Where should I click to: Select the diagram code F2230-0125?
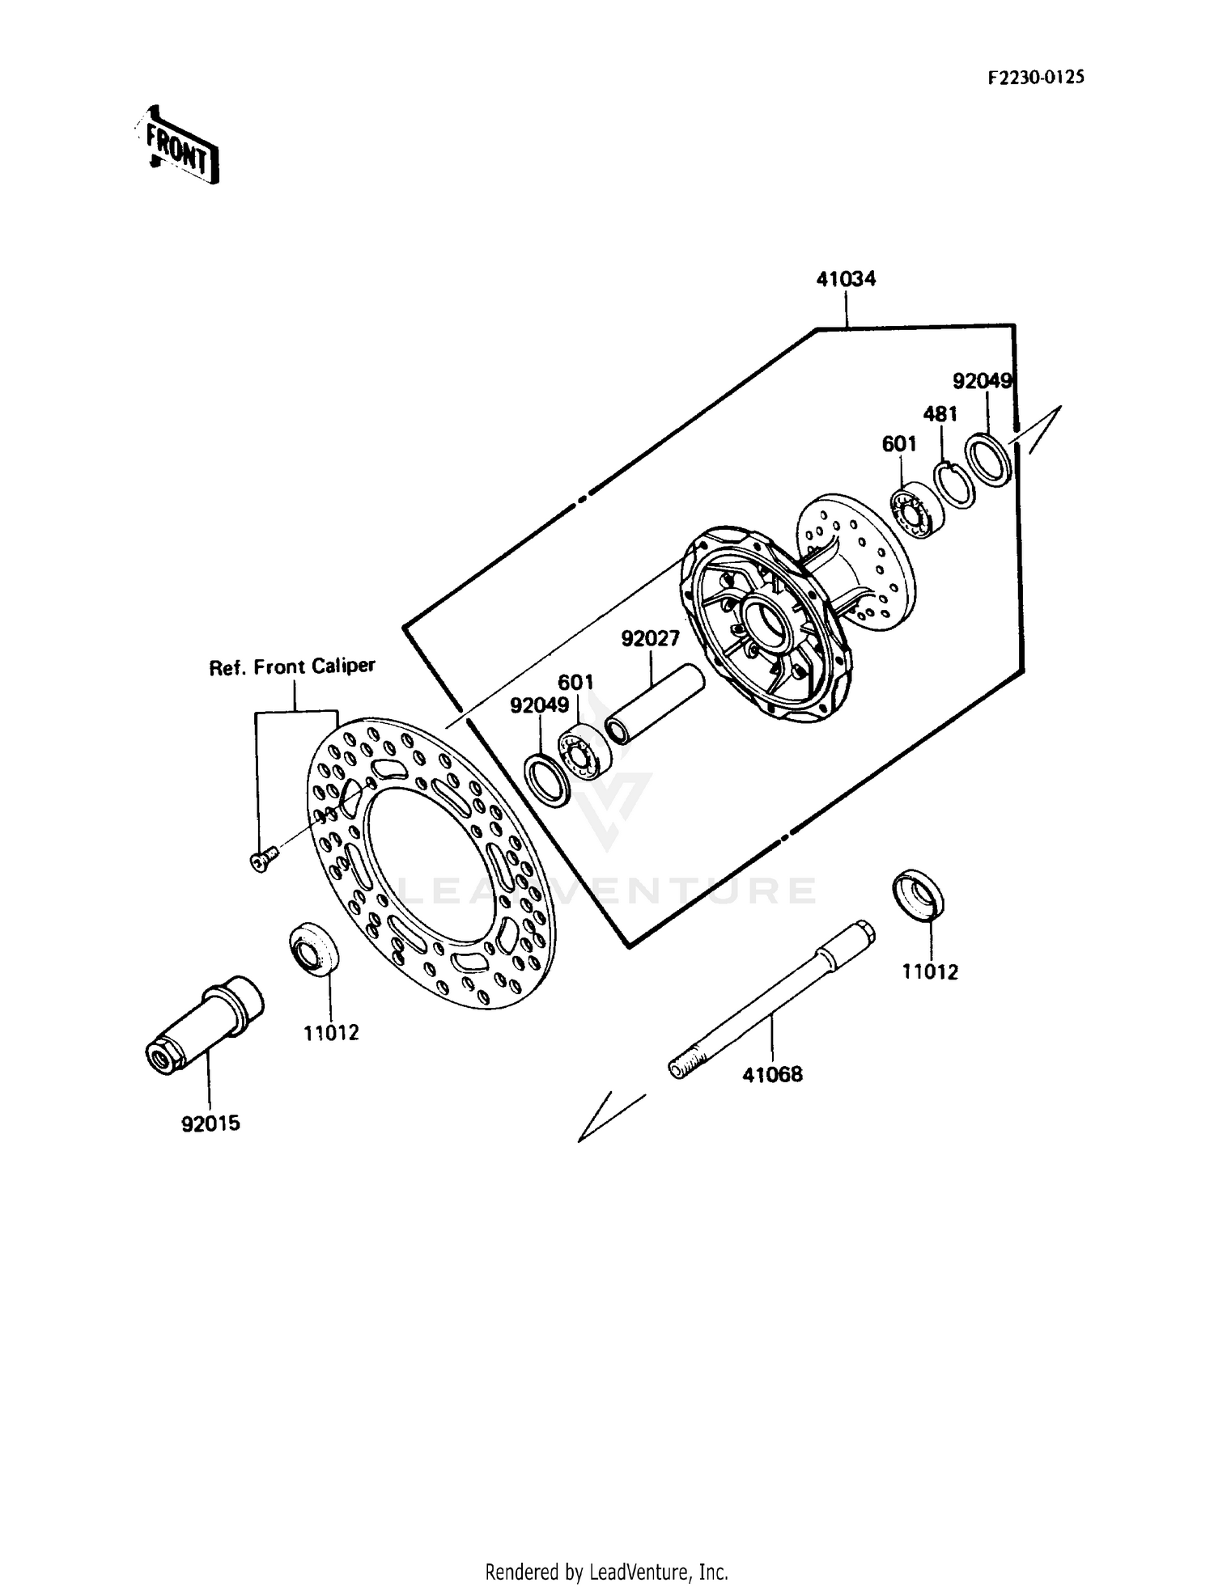click(1035, 78)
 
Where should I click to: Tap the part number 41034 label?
click(846, 280)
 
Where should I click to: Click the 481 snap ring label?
click(940, 414)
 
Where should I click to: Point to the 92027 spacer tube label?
click(650, 639)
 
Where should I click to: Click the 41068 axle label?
click(773, 1074)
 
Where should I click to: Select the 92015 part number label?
click(210, 1124)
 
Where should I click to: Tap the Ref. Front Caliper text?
click(292, 667)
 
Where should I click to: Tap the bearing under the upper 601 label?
click(918, 510)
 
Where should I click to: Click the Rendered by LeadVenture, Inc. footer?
click(606, 1572)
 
